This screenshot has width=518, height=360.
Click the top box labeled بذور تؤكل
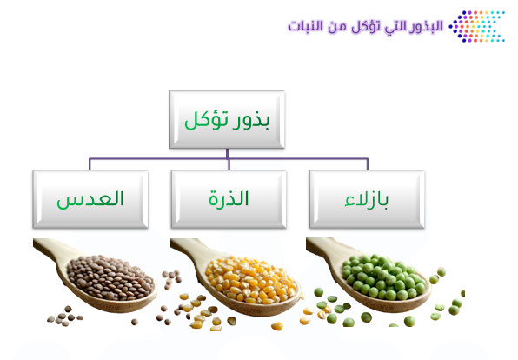click(227, 119)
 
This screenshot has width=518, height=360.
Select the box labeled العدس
click(90, 199)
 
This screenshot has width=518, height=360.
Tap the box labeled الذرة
click(229, 199)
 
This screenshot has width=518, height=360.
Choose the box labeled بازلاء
click(367, 199)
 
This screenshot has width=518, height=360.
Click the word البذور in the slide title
click(426, 26)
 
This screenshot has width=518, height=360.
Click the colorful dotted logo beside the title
click(476, 26)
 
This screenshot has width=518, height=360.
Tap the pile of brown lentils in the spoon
click(110, 277)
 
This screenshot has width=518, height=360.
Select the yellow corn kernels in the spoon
click(250, 280)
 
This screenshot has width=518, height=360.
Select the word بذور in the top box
click(251, 121)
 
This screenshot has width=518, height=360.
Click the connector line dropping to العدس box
click(90, 164)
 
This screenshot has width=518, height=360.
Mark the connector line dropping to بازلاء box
click(368, 164)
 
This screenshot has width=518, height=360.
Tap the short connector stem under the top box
click(228, 153)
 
